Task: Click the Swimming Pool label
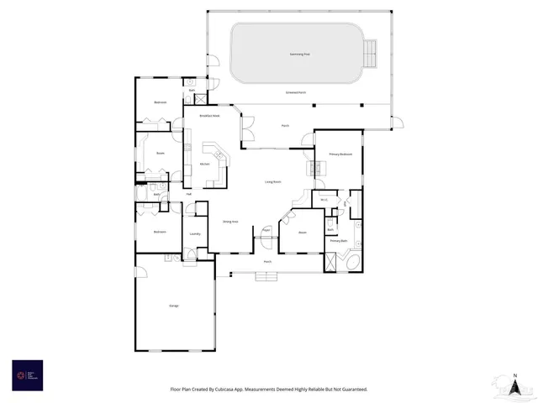click(299, 53)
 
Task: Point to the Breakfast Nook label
click(208, 116)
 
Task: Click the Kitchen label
click(204, 164)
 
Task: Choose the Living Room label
click(272, 181)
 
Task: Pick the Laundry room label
click(194, 234)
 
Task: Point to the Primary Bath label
click(339, 241)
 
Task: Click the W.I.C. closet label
click(324, 200)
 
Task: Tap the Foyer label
click(266, 229)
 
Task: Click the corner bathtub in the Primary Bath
click(351, 262)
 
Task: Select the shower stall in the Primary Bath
click(331, 261)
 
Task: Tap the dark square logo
click(27, 374)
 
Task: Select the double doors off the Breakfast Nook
click(247, 130)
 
